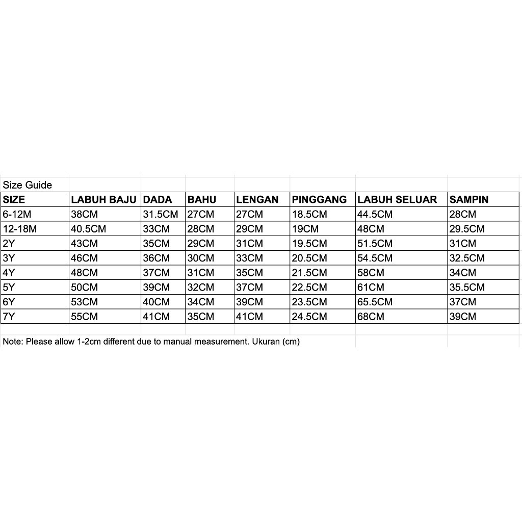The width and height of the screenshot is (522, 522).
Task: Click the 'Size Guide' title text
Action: pyautogui.click(x=28, y=185)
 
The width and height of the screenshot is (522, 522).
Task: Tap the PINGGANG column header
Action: pyautogui.click(x=319, y=200)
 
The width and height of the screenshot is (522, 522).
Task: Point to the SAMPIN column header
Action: pyautogui.click(x=469, y=200)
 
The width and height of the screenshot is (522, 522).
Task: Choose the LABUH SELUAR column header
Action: pyautogui.click(x=397, y=200)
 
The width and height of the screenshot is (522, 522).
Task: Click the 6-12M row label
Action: pyautogui.click(x=17, y=215)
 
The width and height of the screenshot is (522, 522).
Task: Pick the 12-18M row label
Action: pyautogui.click(x=20, y=229)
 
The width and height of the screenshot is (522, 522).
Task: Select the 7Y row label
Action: pyautogui.click(x=9, y=317)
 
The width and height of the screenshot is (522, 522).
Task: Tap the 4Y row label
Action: pyautogui.click(x=9, y=273)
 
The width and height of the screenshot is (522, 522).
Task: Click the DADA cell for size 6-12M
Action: pyautogui.click(x=161, y=215)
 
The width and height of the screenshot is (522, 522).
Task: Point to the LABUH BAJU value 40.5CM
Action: pyautogui.click(x=89, y=229)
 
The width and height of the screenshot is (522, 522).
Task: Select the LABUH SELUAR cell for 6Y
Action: pyautogui.click(x=375, y=302)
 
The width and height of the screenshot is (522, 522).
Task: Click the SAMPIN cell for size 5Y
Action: pyautogui.click(x=467, y=288)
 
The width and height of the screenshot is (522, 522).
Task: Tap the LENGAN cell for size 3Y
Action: pyautogui.click(x=250, y=258)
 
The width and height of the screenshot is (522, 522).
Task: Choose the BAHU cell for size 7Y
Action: pyautogui.click(x=201, y=317)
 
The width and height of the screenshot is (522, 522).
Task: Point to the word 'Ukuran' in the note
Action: pyautogui.click(x=265, y=342)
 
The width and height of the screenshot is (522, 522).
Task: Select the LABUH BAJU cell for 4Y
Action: pyautogui.click(x=84, y=273)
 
